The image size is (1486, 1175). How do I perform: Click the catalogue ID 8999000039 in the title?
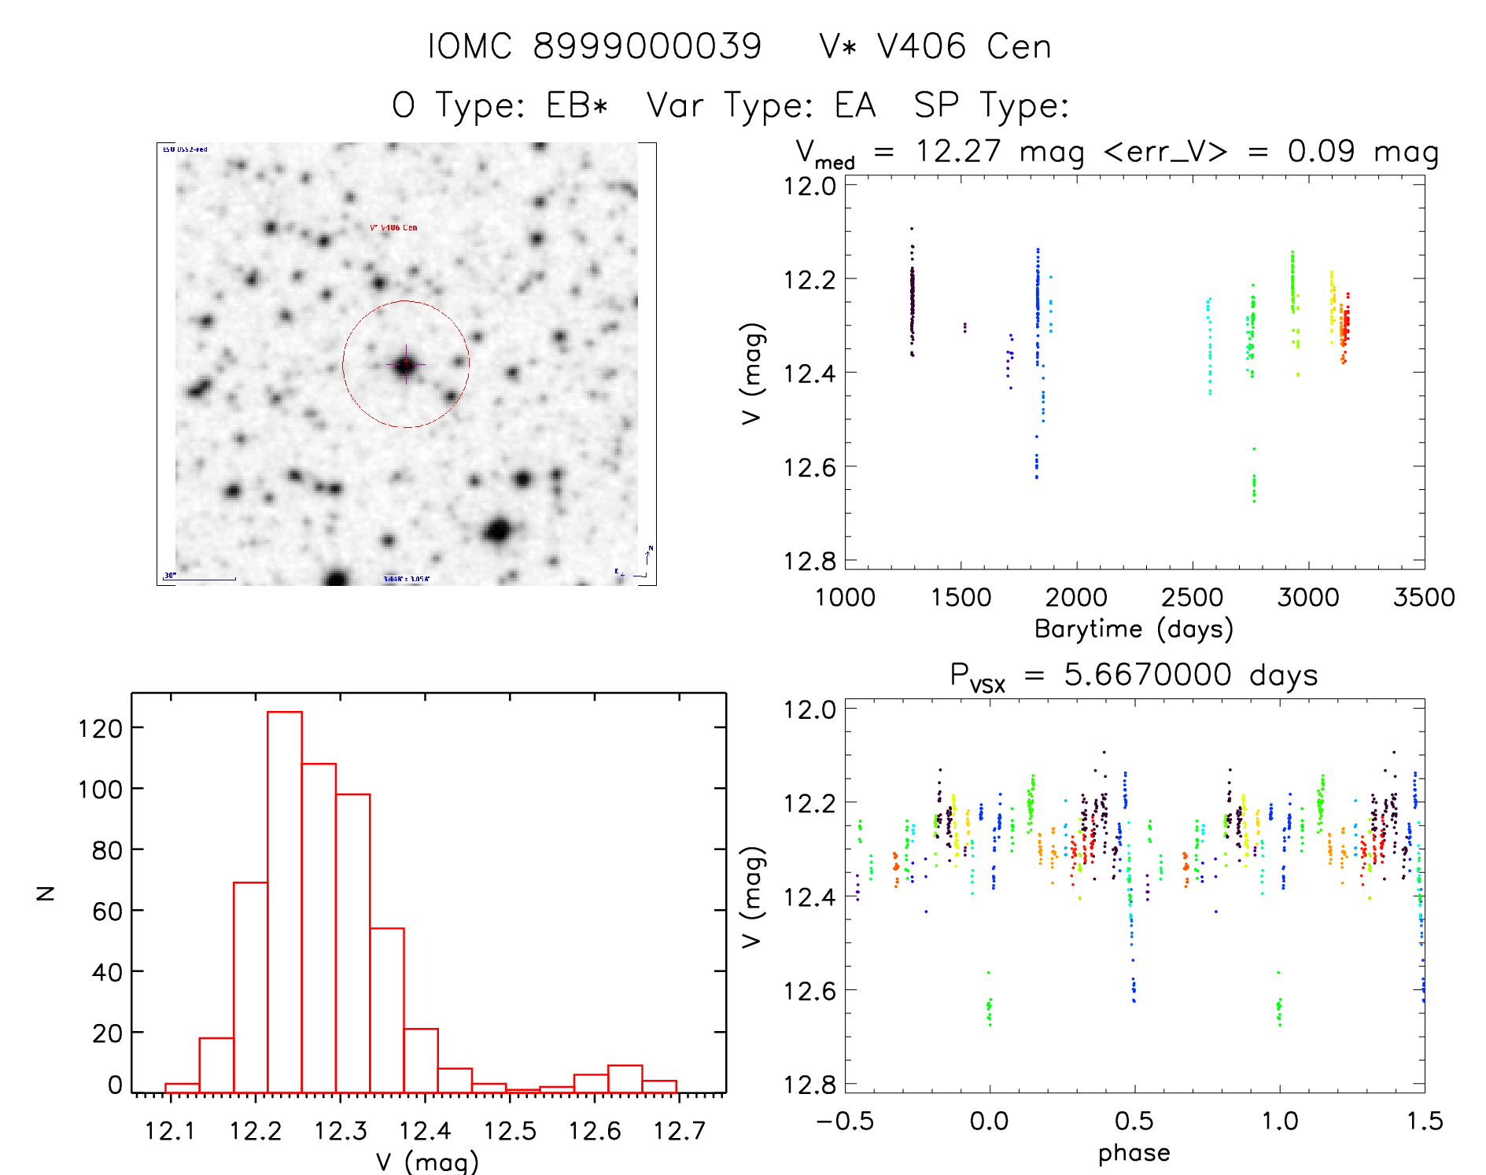[x=647, y=46]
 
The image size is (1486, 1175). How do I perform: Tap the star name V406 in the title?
[x=921, y=46]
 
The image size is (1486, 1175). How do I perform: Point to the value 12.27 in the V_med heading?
[x=957, y=151]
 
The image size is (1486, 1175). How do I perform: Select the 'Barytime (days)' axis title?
[x=1134, y=629]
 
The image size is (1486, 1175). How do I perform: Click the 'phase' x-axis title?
[x=1134, y=1153]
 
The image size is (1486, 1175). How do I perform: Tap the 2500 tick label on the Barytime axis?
[x=1192, y=598]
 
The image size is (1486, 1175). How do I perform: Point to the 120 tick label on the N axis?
[x=100, y=729]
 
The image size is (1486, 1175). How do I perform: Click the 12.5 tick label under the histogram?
[x=509, y=1131]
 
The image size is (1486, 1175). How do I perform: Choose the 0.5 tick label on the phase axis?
[x=1134, y=1121]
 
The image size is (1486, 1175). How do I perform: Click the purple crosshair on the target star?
[x=406, y=364]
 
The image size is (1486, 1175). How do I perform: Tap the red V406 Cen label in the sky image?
[x=393, y=227]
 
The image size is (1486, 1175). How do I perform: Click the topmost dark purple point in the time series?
[x=912, y=229]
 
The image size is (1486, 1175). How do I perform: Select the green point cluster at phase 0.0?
[x=989, y=1008]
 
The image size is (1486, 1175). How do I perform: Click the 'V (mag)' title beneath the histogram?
[x=427, y=1162]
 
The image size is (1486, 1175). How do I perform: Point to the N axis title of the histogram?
[x=46, y=893]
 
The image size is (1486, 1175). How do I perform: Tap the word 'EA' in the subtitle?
[x=855, y=105]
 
